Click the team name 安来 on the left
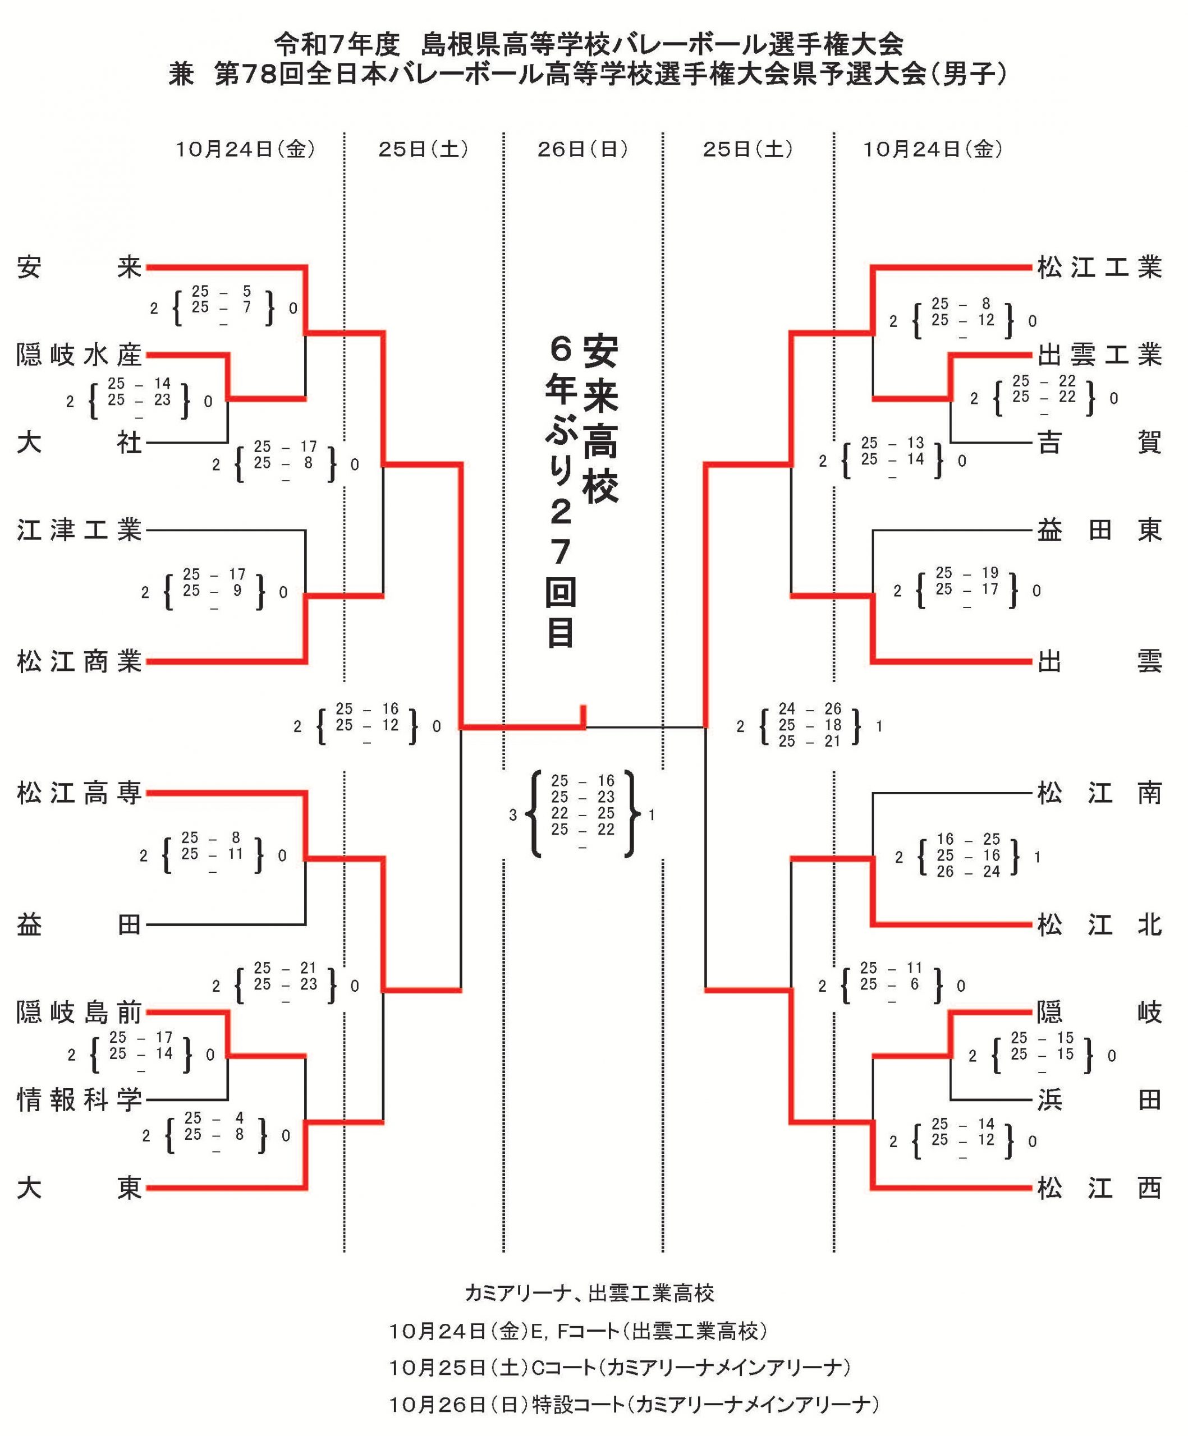click(79, 268)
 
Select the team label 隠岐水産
click(79, 356)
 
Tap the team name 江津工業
click(79, 530)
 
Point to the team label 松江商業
click(79, 662)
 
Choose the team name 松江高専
click(79, 793)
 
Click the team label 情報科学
click(79, 1100)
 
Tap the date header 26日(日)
click(582, 149)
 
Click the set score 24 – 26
click(809, 709)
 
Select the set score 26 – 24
click(968, 872)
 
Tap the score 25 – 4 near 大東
click(213, 1118)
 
